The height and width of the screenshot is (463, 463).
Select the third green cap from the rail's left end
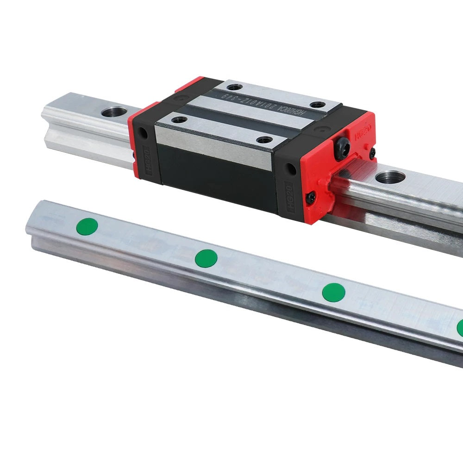333,292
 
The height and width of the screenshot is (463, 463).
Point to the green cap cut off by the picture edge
460,327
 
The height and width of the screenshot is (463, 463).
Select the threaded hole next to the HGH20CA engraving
317,105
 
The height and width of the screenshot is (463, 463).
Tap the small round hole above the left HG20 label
144,133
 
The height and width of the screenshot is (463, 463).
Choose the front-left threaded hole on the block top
179,120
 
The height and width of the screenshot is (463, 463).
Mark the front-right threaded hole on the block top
264,139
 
